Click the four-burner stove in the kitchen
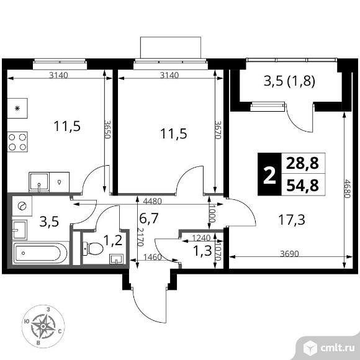pos(17,142)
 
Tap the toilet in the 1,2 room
pos(93,248)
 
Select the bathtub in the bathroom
pos(40,253)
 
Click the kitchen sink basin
pos(39,182)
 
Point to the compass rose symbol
pos(43,326)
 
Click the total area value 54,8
pos(303,186)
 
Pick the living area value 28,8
pos(302,163)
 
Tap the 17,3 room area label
pos(292,220)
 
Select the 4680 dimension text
pos(347,189)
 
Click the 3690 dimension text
pos(289,254)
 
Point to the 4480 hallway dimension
pos(152,201)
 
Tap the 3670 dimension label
pos(218,130)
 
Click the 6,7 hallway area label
pos(149,218)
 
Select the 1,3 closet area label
pos(202,251)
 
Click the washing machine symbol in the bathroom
pos(22,206)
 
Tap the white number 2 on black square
pos(269,174)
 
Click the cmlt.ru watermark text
pos(337,348)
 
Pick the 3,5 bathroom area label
pos(49,222)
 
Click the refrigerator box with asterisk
pos(17,108)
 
